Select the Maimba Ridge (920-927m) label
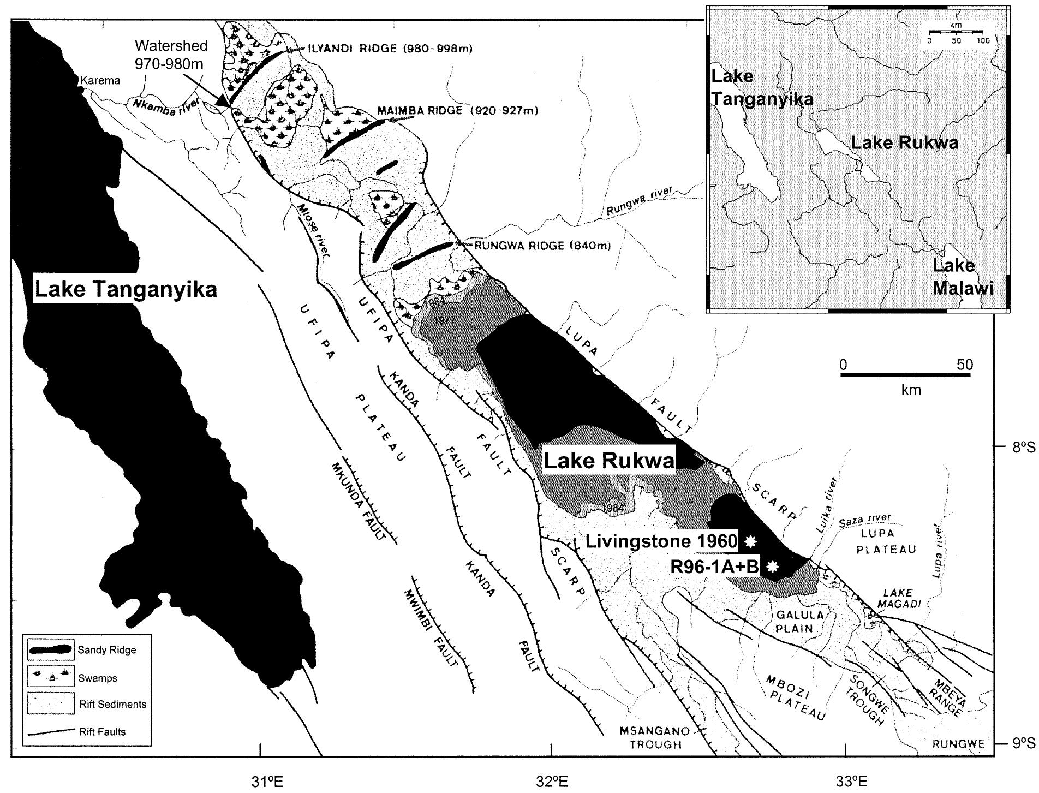457,111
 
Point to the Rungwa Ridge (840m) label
541,246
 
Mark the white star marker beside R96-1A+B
772,567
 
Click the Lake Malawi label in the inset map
962,277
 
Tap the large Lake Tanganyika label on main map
126,289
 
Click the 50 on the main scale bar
964,365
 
